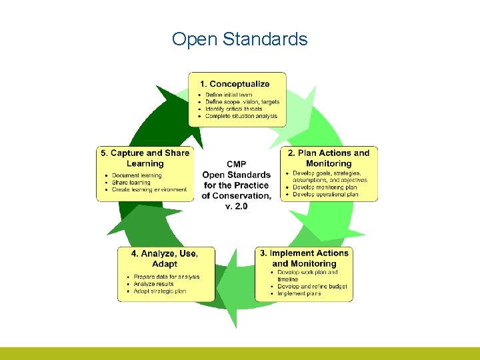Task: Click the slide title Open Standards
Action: coord(239,39)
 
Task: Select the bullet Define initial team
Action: coord(228,95)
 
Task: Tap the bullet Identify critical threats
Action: coord(233,109)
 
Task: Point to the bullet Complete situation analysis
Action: coord(241,116)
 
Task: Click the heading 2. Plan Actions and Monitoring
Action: coord(329,158)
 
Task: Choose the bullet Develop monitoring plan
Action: coord(325,187)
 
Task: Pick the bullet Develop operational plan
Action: coord(326,194)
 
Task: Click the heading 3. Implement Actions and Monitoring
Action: coord(304,258)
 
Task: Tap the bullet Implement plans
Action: coord(299,293)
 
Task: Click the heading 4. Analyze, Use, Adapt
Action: coord(164,258)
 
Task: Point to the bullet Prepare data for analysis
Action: coord(166,277)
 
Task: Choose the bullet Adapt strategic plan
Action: coord(160,291)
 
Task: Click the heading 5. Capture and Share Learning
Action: coord(145,158)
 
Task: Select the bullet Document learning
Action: coord(137,176)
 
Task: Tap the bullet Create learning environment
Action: coord(149,190)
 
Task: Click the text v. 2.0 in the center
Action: coord(237,206)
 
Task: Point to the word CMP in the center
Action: coord(237,164)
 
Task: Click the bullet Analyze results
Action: coord(153,284)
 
